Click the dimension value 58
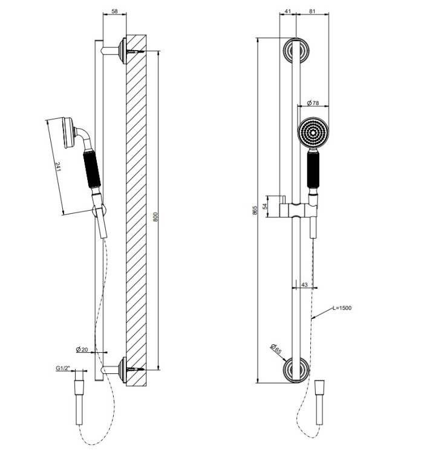pos(114,11)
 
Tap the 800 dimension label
pos(155,217)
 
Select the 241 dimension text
pos(58,167)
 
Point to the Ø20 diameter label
pos(82,350)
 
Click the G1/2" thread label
pos(63,368)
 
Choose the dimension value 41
pos(287,11)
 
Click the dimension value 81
pos(312,11)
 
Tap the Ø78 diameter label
pos(313,103)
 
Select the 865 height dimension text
pos(255,210)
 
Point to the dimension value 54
pos(265,207)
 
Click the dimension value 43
pos(305,284)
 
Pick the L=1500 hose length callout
pos(342,307)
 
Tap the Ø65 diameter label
pos(276,349)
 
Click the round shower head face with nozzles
pos(313,133)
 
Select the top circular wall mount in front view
pos(296,51)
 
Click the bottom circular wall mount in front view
pos(296,370)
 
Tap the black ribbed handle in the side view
pos(92,169)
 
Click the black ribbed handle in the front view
pos(313,170)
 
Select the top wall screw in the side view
pos(135,51)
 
